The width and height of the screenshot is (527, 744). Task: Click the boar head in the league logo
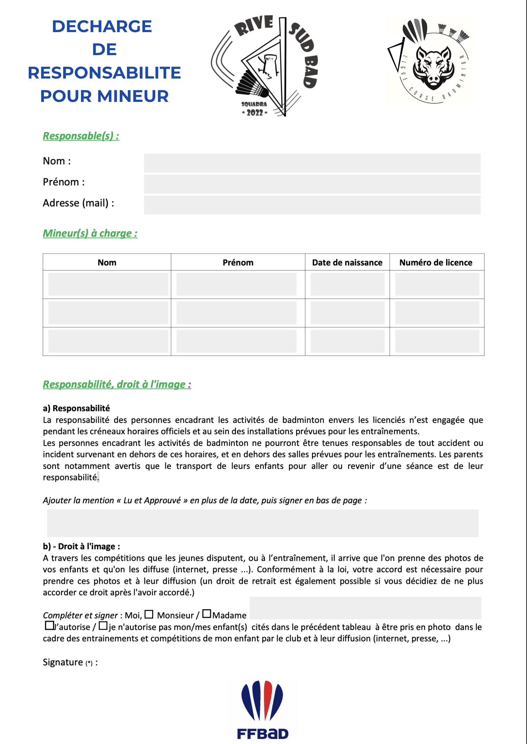[x=434, y=68]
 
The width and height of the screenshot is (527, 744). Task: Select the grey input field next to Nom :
[x=312, y=163]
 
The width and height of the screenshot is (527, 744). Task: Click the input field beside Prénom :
[x=312, y=184]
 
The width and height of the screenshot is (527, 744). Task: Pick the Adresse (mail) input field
[x=312, y=205]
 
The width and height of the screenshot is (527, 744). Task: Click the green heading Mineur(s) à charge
[x=90, y=233]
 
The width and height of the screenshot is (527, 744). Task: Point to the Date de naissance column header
[x=347, y=262]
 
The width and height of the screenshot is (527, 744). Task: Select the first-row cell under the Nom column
[x=108, y=284]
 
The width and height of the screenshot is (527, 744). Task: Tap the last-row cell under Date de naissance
[x=347, y=341]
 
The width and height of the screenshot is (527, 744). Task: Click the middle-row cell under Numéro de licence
[x=437, y=313]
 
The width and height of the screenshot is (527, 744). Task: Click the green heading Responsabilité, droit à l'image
[x=117, y=384]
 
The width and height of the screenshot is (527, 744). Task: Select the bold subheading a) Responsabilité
[x=76, y=408]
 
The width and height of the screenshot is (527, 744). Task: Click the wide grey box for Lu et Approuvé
[x=262, y=523]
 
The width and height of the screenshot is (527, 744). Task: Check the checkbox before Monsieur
[x=149, y=614]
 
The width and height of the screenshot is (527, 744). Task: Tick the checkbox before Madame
[x=207, y=613]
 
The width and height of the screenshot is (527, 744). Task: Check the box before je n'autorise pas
[x=103, y=626]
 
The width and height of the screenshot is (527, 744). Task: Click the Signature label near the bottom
[x=63, y=662]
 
